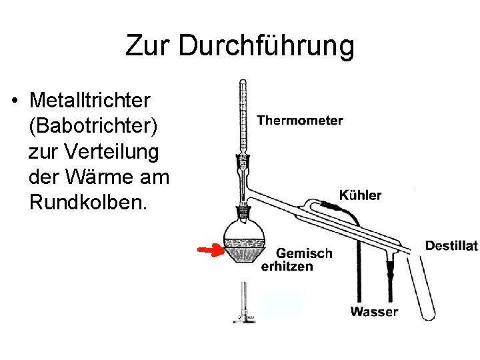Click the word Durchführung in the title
click(267, 46)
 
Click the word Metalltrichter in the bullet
click(90, 101)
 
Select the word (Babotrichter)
click(93, 126)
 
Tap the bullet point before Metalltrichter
click(15, 101)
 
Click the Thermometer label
click(300, 121)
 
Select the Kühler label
click(360, 195)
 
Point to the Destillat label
click(451, 246)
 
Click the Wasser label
click(374, 311)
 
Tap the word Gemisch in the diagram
click(304, 253)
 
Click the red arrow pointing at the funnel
click(210, 250)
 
